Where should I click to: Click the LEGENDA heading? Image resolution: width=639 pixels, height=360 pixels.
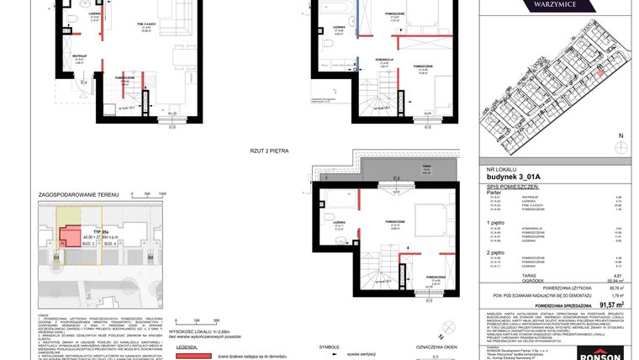(x=188, y=345)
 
